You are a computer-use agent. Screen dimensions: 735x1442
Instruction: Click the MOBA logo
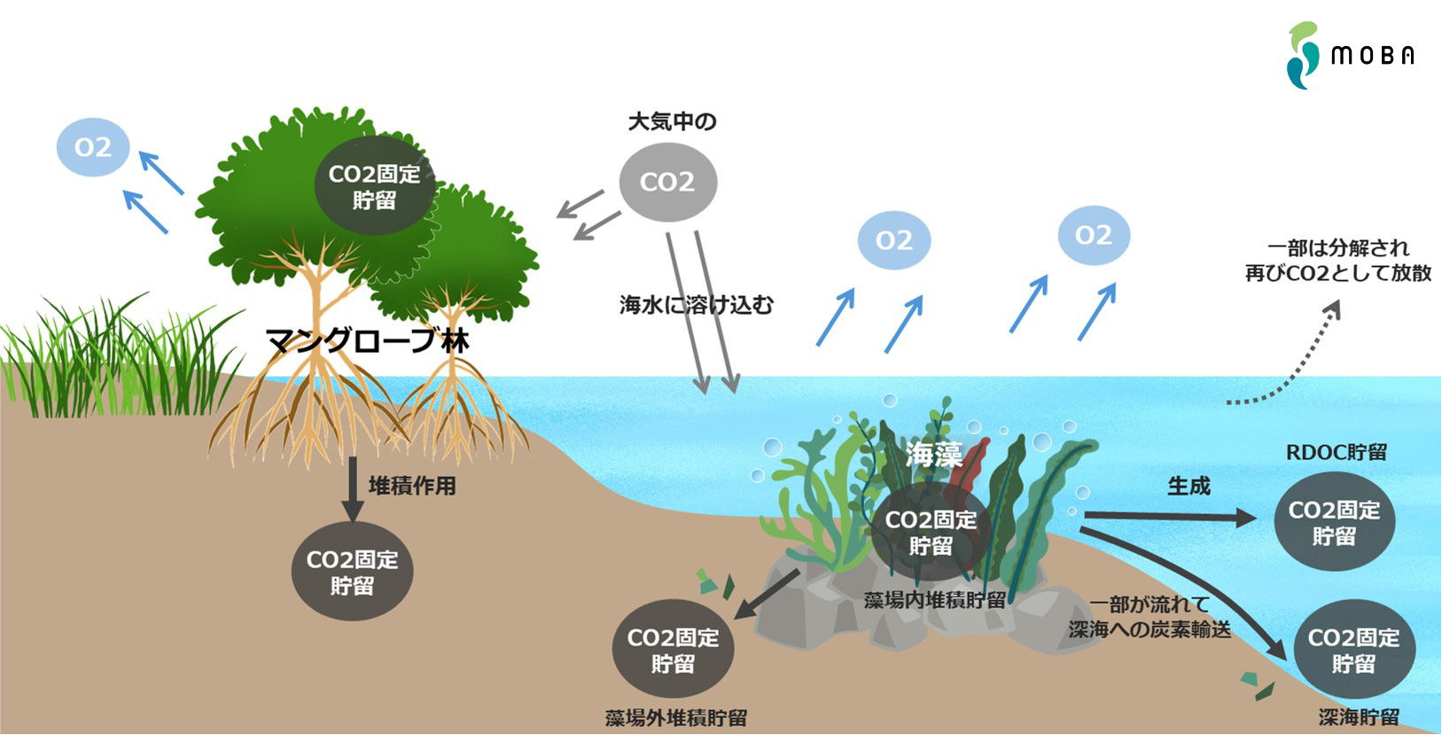point(1350,56)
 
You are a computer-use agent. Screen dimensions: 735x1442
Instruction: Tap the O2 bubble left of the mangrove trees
point(93,147)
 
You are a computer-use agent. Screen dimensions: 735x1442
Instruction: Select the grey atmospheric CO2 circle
point(667,182)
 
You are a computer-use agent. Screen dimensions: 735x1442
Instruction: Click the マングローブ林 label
point(367,340)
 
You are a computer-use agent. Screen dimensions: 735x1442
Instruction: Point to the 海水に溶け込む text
point(696,305)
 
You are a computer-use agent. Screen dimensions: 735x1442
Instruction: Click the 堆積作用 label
point(412,486)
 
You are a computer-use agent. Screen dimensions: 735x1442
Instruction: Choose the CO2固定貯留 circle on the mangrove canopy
point(374,186)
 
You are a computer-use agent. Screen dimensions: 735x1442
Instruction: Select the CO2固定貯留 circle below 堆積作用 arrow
point(352,572)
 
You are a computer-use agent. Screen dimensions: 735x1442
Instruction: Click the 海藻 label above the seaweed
point(933,455)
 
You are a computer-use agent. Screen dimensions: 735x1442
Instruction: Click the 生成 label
point(1189,486)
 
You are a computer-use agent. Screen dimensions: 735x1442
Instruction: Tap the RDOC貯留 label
point(1336,452)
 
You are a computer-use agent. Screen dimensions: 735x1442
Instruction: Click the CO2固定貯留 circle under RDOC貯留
point(1334,522)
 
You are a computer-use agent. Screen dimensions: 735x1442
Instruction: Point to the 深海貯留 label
point(1358,717)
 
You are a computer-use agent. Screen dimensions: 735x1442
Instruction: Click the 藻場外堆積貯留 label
point(675,718)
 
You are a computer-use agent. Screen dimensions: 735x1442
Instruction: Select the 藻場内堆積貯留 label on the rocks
point(934,600)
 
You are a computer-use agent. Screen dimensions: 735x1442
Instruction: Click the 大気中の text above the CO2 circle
point(672,121)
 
